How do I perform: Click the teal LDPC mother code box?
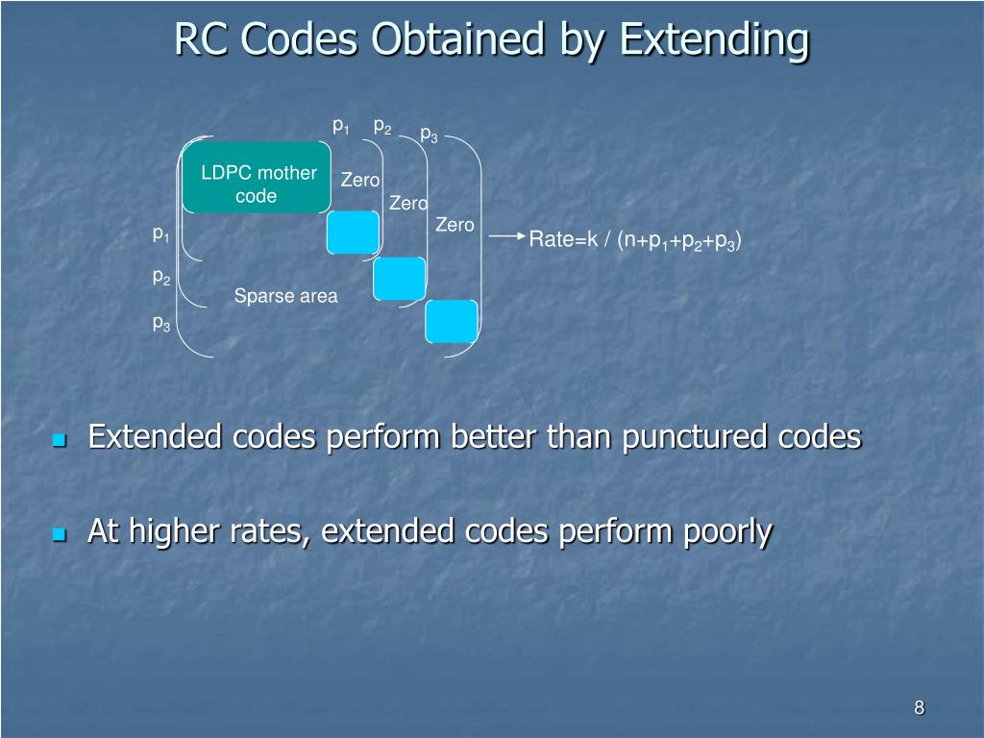(x=257, y=178)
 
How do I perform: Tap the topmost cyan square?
(x=353, y=232)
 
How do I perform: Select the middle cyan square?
(x=399, y=278)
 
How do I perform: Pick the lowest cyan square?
(x=451, y=321)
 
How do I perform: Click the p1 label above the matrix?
(x=340, y=126)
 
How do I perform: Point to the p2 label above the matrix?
(x=381, y=127)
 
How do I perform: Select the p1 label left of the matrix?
(x=160, y=234)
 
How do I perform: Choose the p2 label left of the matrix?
(x=160, y=277)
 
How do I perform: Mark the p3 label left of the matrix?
(x=160, y=324)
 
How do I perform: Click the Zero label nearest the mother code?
(x=360, y=180)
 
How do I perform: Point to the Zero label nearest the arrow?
(x=455, y=225)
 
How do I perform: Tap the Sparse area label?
(x=285, y=296)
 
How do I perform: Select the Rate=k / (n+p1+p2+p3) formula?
(x=635, y=240)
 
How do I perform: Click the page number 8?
(x=919, y=708)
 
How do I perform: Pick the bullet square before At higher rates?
(x=60, y=534)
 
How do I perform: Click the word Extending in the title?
(x=713, y=40)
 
